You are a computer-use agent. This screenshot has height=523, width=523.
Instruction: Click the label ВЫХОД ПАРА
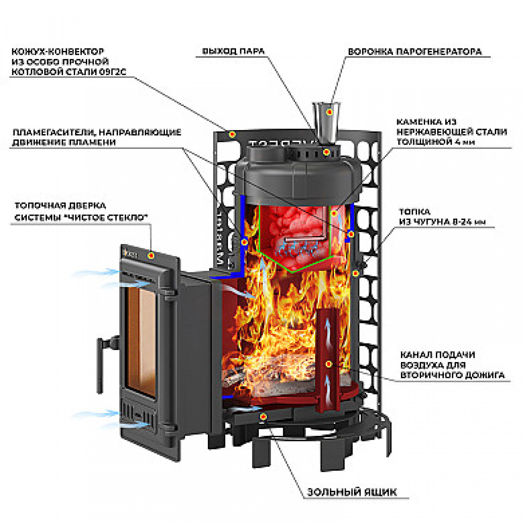[x=233, y=51]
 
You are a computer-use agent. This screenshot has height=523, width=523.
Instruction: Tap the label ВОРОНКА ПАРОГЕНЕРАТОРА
[x=415, y=52]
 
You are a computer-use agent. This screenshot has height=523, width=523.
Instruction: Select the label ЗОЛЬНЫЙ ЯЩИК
[x=351, y=492]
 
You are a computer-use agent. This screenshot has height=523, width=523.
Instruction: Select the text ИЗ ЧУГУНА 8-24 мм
[x=442, y=222]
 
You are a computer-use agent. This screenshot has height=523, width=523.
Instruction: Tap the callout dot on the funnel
[x=329, y=112]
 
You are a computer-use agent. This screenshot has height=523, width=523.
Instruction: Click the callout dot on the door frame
[x=151, y=256]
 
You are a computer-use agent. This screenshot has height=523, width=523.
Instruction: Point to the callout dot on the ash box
[x=263, y=416]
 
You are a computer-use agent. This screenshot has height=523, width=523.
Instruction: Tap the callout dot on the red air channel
[x=328, y=364]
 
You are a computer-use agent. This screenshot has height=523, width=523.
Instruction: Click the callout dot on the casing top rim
[x=232, y=134]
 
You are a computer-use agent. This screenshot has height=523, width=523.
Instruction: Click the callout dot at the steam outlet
[x=326, y=152]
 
